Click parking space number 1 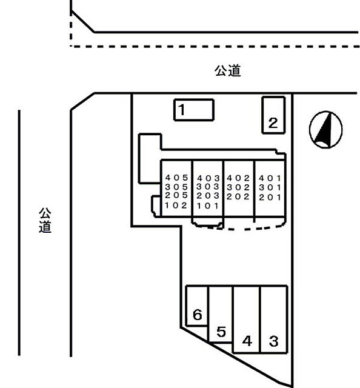[x=194, y=110]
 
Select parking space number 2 [x=274, y=115]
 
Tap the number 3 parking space [x=274, y=319]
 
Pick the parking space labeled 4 [x=246, y=319]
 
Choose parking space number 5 [x=221, y=314]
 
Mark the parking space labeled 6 [x=197, y=306]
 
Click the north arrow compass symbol [x=326, y=130]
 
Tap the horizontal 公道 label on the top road [x=227, y=71]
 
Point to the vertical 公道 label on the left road [x=45, y=220]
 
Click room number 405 [x=176, y=178]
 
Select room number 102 [x=176, y=206]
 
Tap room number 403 [x=208, y=178]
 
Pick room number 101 [x=208, y=206]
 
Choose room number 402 [x=238, y=178]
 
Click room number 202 [x=238, y=196]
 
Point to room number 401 [x=270, y=178]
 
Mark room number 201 [x=270, y=197]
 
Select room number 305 [x=176, y=187]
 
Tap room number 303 [x=208, y=187]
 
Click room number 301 [x=270, y=187]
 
